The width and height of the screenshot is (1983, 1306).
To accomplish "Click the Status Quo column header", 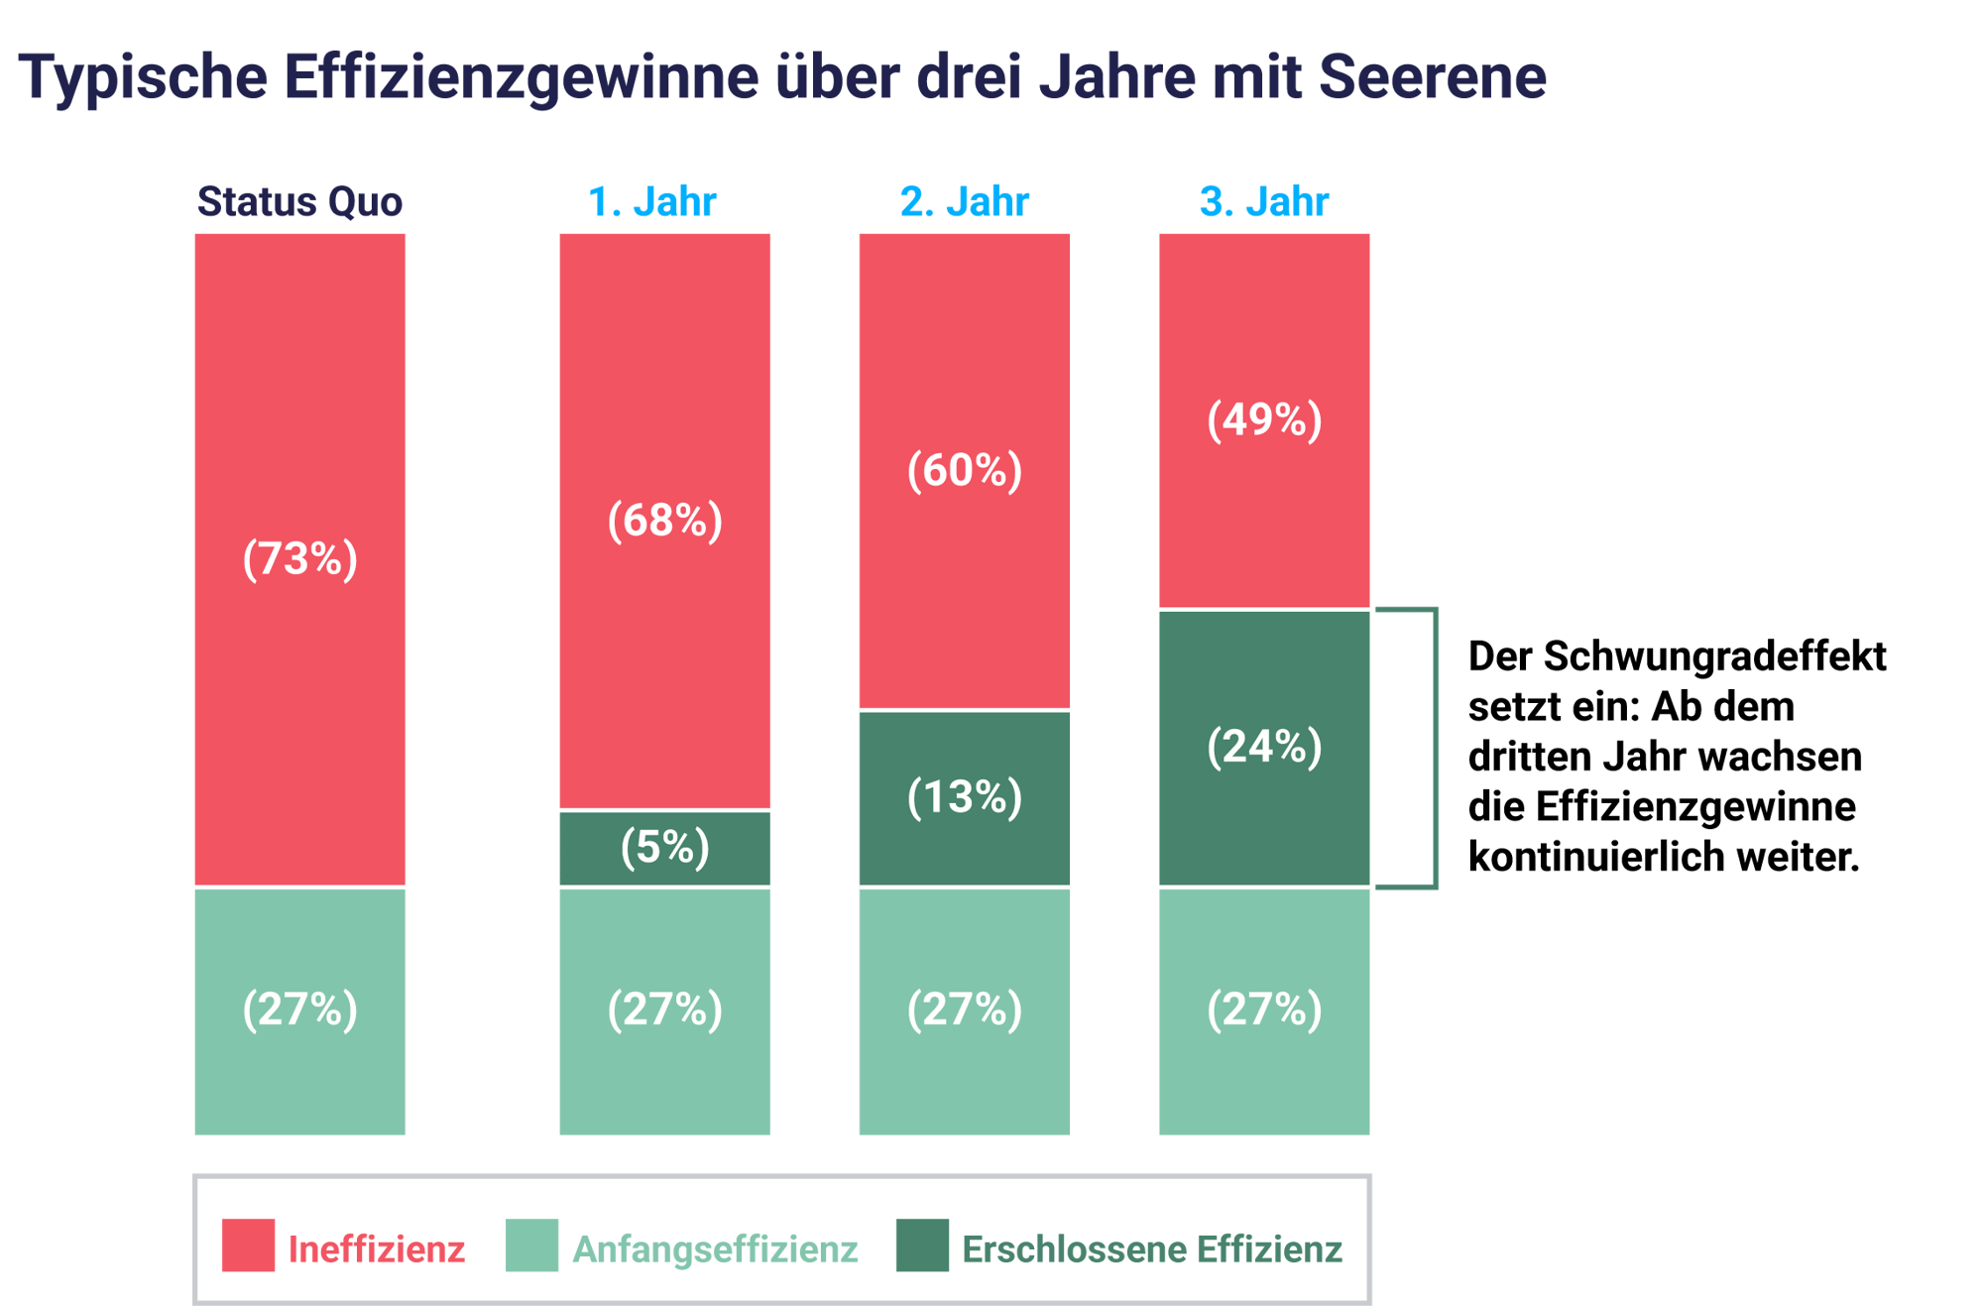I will (299, 202).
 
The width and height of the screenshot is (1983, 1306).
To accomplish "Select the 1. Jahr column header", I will (652, 202).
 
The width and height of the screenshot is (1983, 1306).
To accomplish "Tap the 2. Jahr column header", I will (964, 202).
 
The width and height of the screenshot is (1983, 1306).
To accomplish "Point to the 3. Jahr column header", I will (1264, 202).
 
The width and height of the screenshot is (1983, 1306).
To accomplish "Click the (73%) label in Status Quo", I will (299, 559).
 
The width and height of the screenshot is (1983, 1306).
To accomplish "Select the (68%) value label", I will (664, 521).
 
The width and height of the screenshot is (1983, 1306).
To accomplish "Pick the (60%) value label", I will (964, 470).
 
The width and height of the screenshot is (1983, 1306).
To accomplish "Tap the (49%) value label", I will (1264, 419).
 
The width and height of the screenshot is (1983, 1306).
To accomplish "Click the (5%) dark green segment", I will (664, 848).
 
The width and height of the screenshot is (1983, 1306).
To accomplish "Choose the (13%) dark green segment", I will (964, 797).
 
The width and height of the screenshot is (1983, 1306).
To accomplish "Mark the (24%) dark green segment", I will (1264, 747).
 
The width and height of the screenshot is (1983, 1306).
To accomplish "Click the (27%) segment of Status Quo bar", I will (299, 1009).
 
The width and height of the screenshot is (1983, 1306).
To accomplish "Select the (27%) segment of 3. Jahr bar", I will (1264, 1009).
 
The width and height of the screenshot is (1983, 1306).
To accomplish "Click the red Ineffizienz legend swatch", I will (248, 1246).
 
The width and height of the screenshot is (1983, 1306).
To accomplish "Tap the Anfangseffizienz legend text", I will (715, 1249).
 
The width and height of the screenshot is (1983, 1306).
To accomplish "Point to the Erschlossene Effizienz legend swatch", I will (922, 1246).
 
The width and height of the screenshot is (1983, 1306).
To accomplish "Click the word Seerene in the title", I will (1432, 76).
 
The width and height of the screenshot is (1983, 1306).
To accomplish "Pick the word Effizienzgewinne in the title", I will (522, 76).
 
